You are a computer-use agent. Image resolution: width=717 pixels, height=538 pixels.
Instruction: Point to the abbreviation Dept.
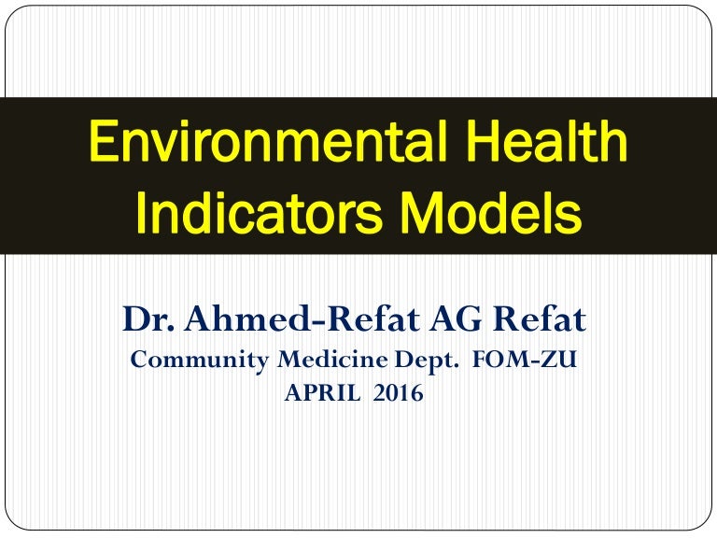click(x=409, y=361)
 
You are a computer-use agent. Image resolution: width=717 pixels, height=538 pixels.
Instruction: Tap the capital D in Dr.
click(x=134, y=320)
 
